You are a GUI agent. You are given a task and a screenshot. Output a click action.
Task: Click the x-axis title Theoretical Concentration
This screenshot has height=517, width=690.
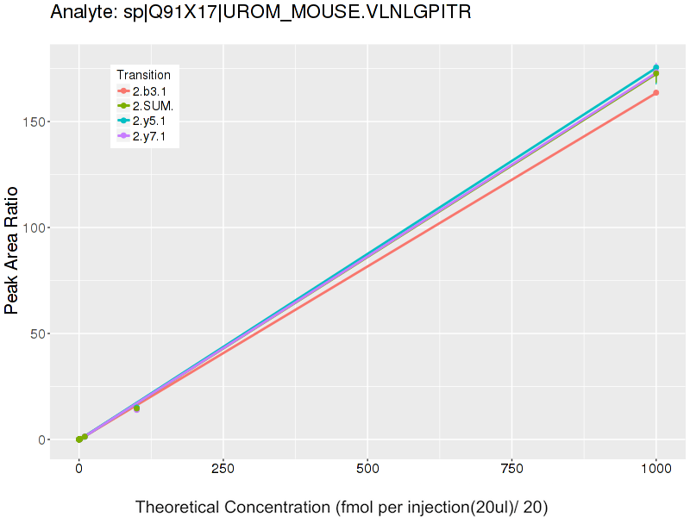(x=342, y=507)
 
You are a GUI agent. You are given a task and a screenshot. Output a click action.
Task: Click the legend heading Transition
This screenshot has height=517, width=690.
(x=144, y=75)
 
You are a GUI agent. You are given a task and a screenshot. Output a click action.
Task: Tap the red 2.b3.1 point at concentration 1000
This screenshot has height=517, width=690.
(x=656, y=92)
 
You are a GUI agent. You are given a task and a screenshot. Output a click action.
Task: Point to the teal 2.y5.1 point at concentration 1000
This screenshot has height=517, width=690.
(x=656, y=67)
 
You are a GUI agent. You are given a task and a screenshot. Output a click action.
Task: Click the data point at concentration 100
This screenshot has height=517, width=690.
(x=136, y=408)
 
